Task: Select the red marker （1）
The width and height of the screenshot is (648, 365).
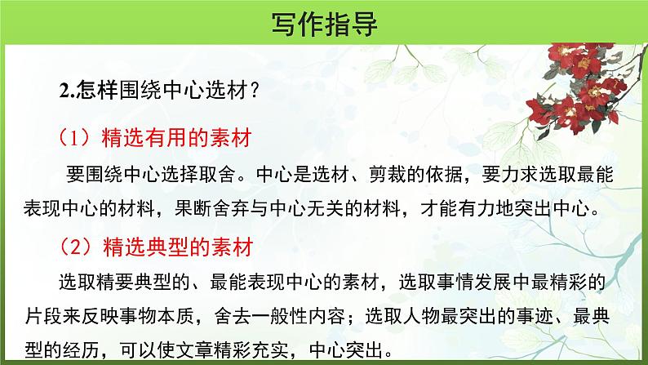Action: (x=76, y=136)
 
